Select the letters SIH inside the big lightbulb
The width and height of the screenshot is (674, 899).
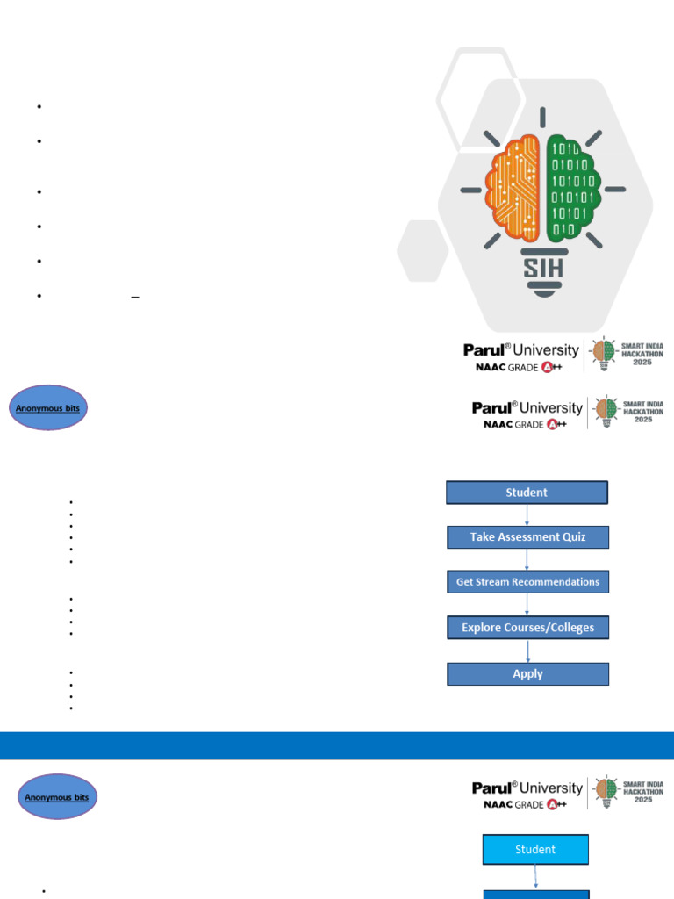pyautogui.click(x=544, y=267)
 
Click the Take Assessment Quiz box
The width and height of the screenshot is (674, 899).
pyautogui.click(x=527, y=537)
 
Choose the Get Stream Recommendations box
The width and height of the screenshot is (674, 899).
pyautogui.click(x=527, y=582)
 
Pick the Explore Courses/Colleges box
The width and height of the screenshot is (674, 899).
pyautogui.click(x=527, y=628)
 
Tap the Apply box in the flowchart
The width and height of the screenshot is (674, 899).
pyautogui.click(x=527, y=674)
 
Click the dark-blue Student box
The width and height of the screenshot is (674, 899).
pyautogui.click(x=527, y=493)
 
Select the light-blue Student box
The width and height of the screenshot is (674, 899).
pyautogui.click(x=535, y=850)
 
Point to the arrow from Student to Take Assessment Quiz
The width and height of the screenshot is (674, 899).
pyautogui.click(x=527, y=514)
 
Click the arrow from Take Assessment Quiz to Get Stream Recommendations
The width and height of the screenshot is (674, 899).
pyautogui.click(x=527, y=559)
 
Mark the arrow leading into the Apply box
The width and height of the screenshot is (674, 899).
pyautogui.click(x=527, y=651)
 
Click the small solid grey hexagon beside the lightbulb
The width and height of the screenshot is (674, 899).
pyautogui.click(x=422, y=251)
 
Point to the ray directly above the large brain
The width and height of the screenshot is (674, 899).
pyautogui.click(x=544, y=117)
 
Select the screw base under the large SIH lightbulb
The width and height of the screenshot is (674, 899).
pyautogui.click(x=544, y=289)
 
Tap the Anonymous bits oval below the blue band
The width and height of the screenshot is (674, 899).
pyautogui.click(x=57, y=797)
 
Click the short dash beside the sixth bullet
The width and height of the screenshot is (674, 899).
pyautogui.click(x=135, y=298)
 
